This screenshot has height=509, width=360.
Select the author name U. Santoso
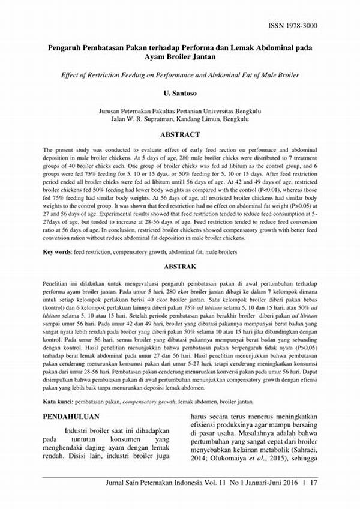pos(181,95)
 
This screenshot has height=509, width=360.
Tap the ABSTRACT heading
pos(181,135)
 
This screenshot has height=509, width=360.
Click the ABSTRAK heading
pos(181,264)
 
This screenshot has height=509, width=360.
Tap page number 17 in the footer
pos(313,481)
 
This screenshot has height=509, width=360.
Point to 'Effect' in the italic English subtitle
pos(71,75)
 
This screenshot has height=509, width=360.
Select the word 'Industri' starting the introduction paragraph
pos(79,431)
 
